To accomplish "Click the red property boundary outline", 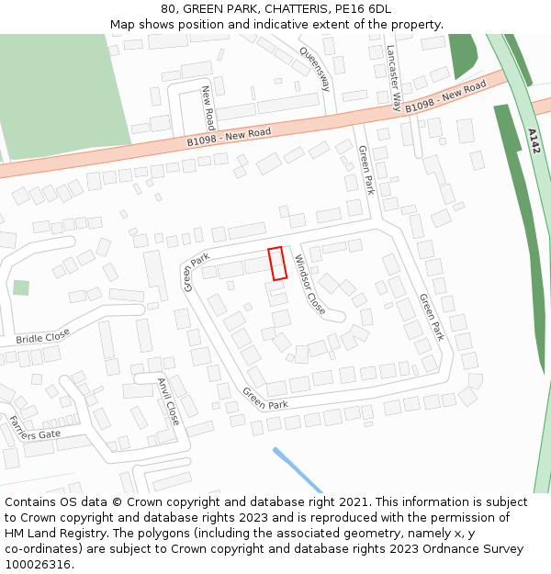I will [277, 264].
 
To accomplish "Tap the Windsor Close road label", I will [309, 285].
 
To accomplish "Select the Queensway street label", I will [314, 70].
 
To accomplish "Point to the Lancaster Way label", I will [393, 77].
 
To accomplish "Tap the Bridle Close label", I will [43, 337].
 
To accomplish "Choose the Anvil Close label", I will [168, 401].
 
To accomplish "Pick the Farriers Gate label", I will [34, 428].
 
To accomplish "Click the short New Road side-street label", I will [208, 107].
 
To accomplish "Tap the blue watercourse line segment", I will [297, 469].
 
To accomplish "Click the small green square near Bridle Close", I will [20, 287].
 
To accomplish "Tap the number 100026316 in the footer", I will [38, 564].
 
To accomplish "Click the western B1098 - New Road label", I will [229, 137].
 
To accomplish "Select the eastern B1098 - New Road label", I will [445, 98].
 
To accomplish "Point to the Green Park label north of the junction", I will [366, 170].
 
